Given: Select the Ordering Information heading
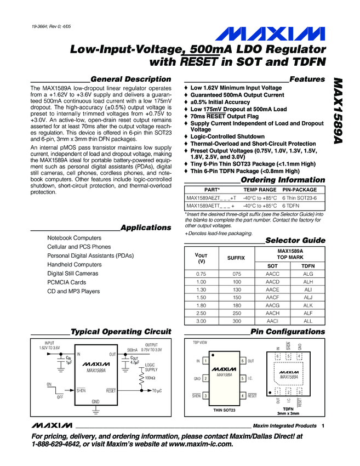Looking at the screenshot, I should pos(283,180).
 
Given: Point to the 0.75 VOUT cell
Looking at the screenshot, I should pos(201,274).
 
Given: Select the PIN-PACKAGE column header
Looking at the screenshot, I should pos(300,189).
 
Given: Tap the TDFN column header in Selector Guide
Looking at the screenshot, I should pos(307,266).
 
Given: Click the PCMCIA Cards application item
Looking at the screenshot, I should pos(66,282).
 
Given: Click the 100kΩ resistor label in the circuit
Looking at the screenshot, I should pos(151,378).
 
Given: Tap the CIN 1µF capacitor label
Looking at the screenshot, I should pos(69,360).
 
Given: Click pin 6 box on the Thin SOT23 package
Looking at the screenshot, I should pos(242,361).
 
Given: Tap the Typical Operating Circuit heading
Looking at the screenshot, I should pos(121,332).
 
